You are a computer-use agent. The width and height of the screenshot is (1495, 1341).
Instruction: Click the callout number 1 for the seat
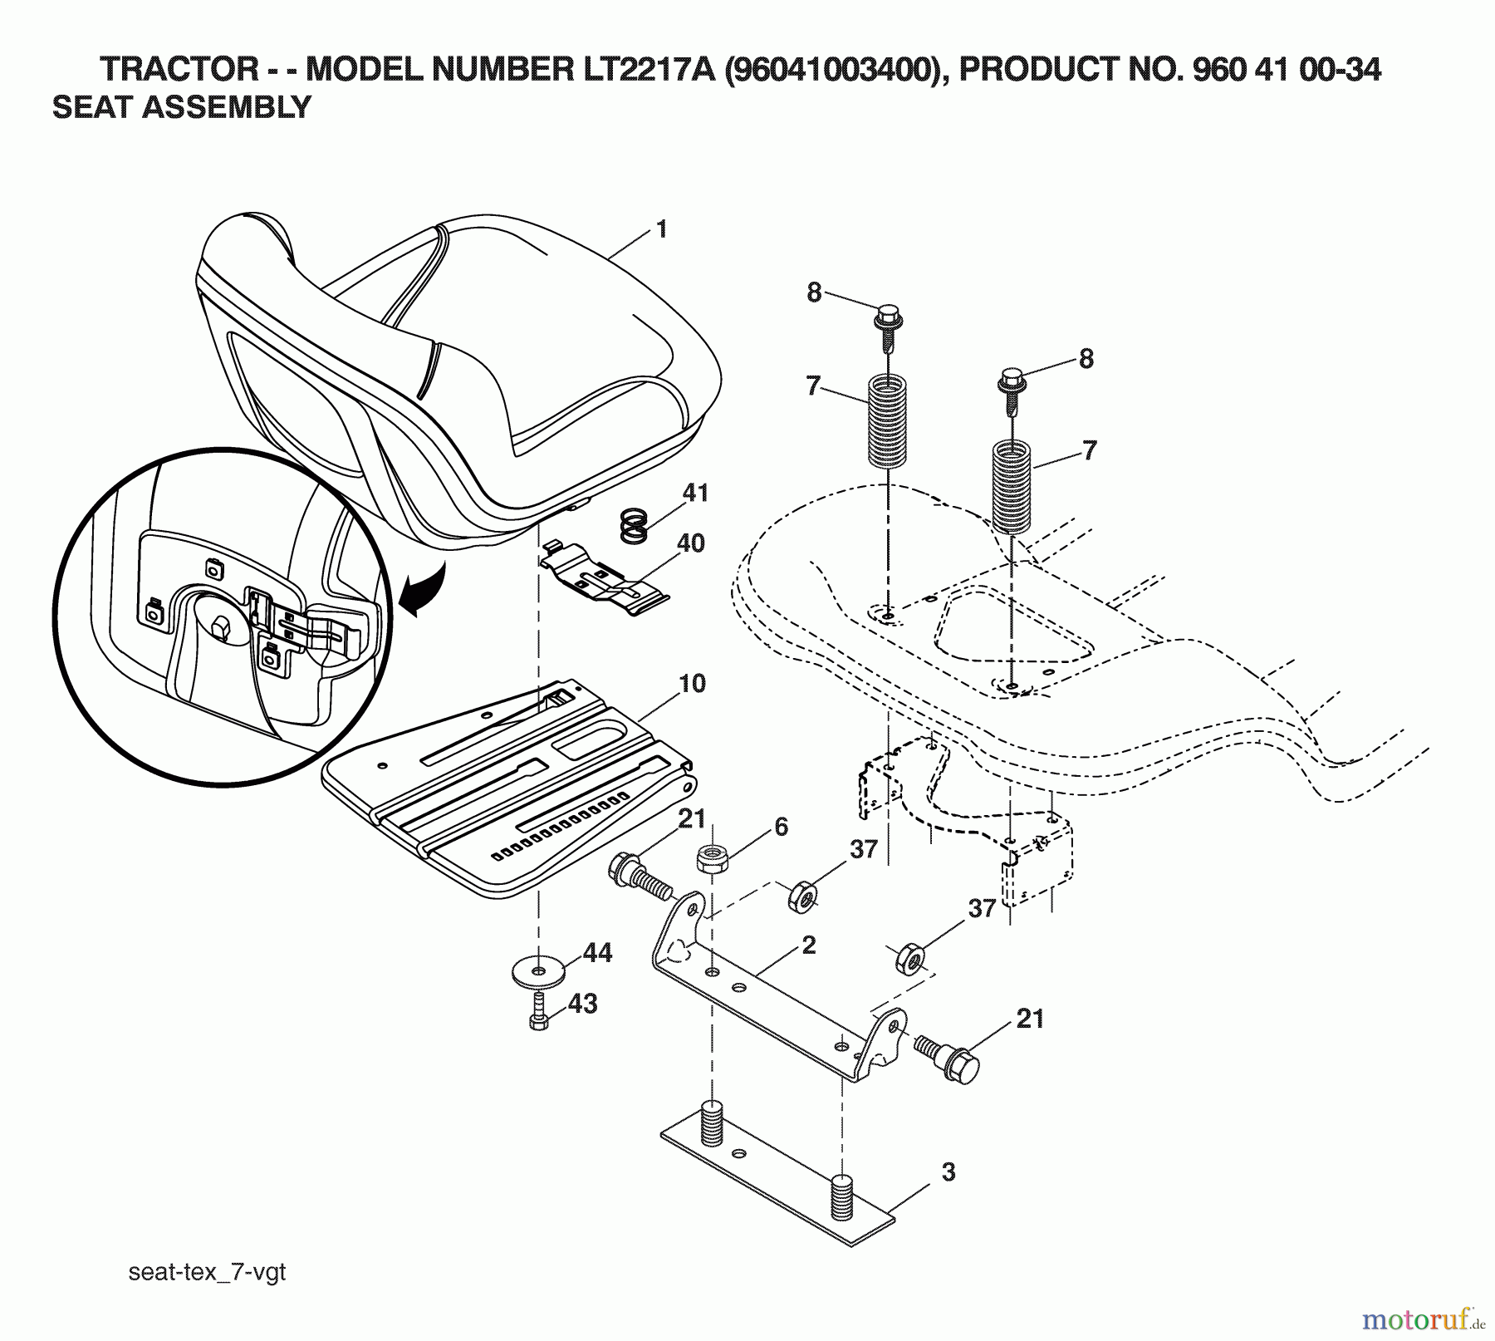pyautogui.click(x=661, y=229)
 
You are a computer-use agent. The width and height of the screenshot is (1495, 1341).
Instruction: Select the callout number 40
pyautogui.click(x=690, y=543)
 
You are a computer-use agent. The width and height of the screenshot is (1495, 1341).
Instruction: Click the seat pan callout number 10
pyautogui.click(x=692, y=684)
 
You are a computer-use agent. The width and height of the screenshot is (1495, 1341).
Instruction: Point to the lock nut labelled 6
pyautogui.click(x=711, y=857)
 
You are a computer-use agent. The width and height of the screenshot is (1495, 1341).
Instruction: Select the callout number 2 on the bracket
pyautogui.click(x=809, y=945)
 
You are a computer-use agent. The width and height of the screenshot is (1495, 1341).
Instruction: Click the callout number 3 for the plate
pyautogui.click(x=948, y=1172)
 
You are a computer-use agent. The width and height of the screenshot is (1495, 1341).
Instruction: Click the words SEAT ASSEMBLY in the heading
pyautogui.click(x=181, y=108)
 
